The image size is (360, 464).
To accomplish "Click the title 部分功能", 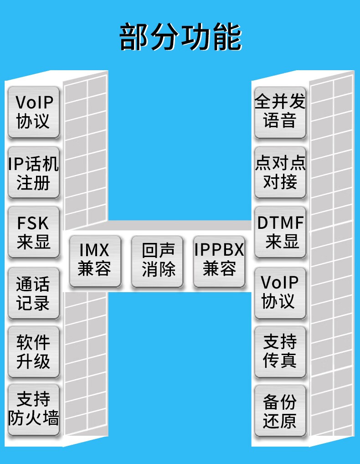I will (180, 37).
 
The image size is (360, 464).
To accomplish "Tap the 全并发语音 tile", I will (280, 112).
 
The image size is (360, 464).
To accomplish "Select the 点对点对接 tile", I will (280, 172).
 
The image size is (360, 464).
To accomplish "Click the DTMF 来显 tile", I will (280, 232).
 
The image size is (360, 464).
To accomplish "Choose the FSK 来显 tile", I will (34, 232).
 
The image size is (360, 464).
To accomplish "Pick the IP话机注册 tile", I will (34, 172).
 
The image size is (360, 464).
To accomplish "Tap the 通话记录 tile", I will (34, 293).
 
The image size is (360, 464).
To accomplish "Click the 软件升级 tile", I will (34, 351).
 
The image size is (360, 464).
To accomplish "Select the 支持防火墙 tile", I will (34, 409).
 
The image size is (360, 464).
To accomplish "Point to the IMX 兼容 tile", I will (95, 261).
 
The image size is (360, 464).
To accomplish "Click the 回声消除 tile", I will (157, 261).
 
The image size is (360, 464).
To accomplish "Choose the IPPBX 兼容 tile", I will (219, 261).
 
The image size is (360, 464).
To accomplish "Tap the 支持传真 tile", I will (280, 351).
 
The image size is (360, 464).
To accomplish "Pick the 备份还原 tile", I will (280, 410).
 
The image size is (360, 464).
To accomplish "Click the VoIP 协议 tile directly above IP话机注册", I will (34, 112).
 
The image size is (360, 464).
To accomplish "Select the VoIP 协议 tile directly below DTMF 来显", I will (280, 292).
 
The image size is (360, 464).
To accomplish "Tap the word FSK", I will (33, 223).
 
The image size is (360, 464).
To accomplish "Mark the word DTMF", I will (280, 223).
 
